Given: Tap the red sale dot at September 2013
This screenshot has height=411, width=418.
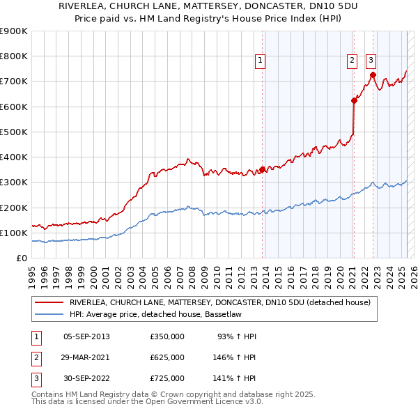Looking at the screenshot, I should [x=263, y=169].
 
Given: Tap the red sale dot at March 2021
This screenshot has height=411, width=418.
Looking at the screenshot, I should [x=354, y=100].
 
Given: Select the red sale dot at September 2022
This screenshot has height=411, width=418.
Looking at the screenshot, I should [x=373, y=75].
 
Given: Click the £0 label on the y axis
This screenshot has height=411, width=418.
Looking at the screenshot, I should [x=21, y=258].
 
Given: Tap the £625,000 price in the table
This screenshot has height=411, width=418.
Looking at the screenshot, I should [x=167, y=357].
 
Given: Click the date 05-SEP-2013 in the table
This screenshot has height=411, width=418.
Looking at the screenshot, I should [x=86, y=336].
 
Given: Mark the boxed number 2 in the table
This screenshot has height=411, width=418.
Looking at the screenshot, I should [x=36, y=358].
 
